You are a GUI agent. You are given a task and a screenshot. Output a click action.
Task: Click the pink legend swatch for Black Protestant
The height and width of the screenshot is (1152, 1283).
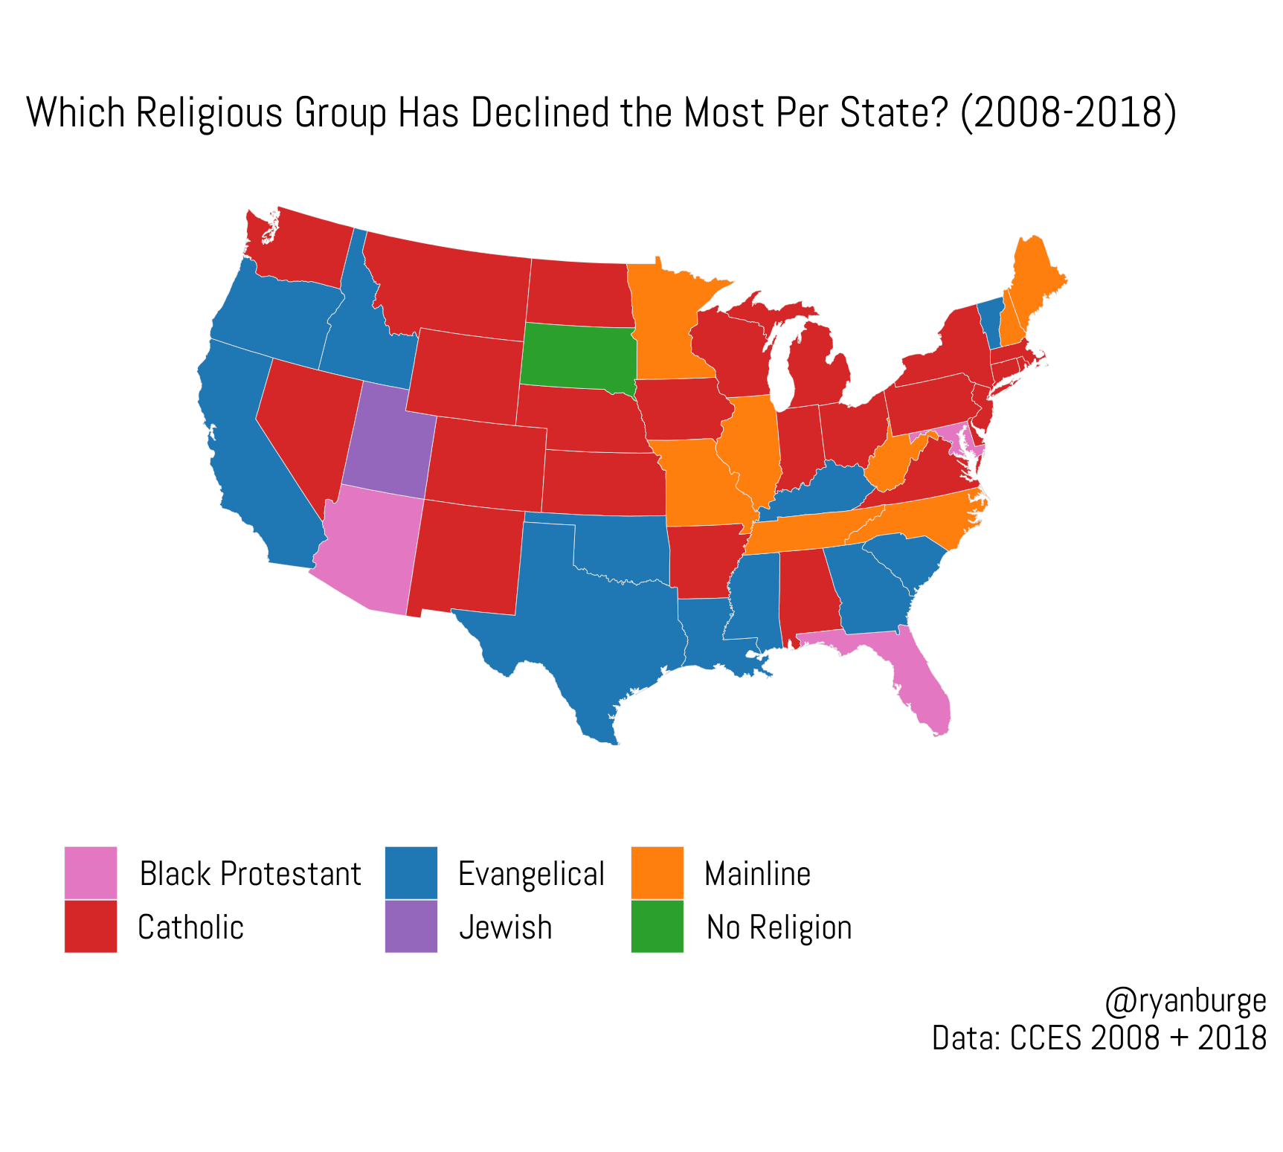91,872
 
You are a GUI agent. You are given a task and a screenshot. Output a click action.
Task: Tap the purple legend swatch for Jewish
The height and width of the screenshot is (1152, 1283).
411,927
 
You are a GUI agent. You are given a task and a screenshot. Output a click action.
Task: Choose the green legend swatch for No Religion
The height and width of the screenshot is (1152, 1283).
657,927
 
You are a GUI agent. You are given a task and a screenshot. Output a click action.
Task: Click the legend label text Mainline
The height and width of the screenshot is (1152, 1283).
757,874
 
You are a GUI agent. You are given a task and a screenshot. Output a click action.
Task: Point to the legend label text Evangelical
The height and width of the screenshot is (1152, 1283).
531,874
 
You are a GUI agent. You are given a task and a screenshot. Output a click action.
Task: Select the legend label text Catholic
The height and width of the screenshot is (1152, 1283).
191,927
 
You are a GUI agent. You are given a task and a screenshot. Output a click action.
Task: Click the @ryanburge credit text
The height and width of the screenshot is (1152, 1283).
1185,1001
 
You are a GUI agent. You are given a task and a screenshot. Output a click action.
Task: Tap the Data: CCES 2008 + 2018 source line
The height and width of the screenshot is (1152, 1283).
1099,1037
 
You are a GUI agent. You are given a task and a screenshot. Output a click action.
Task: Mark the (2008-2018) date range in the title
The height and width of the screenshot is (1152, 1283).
1068,113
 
